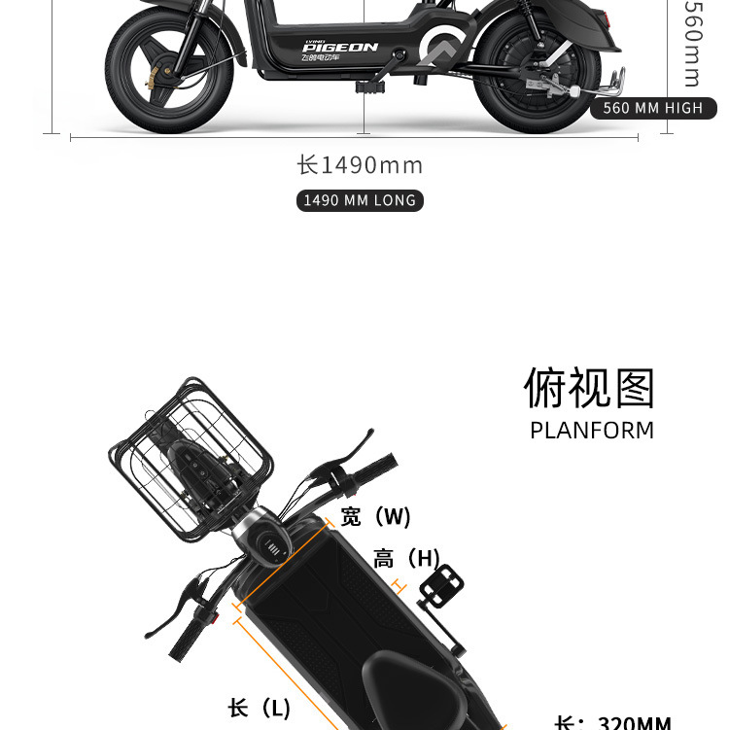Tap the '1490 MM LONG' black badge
360,200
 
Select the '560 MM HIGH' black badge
652,108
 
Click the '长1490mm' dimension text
360,165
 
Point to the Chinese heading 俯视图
590,389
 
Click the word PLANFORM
592,431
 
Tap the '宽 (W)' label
375,516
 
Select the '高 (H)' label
406,559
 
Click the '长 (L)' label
260,708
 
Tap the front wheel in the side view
171,73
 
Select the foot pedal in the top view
440,588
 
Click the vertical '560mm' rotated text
691,44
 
